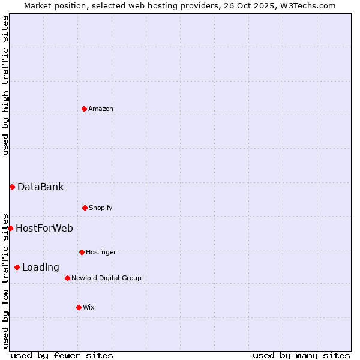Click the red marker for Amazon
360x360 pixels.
click(x=85, y=109)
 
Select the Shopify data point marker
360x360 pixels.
click(x=85, y=208)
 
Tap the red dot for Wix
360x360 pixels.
click(x=79, y=307)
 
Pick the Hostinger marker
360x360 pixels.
click(x=82, y=252)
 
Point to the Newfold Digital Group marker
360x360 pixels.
click(x=67, y=278)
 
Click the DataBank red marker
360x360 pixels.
click(x=12, y=187)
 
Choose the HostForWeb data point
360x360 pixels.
click(x=10, y=228)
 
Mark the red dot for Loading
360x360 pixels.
click(x=17, y=267)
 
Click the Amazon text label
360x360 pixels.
click(x=101, y=109)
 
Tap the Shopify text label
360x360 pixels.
click(x=101, y=208)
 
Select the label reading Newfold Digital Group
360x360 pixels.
click(x=106, y=278)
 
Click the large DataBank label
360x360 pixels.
click(x=40, y=187)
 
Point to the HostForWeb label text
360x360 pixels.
click(x=44, y=228)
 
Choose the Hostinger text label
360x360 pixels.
click(x=101, y=252)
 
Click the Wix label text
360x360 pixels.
click(x=89, y=307)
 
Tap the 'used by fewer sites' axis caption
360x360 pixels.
click(x=62, y=355)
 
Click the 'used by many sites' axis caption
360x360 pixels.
click(x=301, y=355)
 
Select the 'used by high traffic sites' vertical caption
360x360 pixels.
click(x=5, y=85)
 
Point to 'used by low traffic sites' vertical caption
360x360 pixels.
click(x=5, y=281)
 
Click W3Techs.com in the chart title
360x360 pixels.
click(x=305, y=5)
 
